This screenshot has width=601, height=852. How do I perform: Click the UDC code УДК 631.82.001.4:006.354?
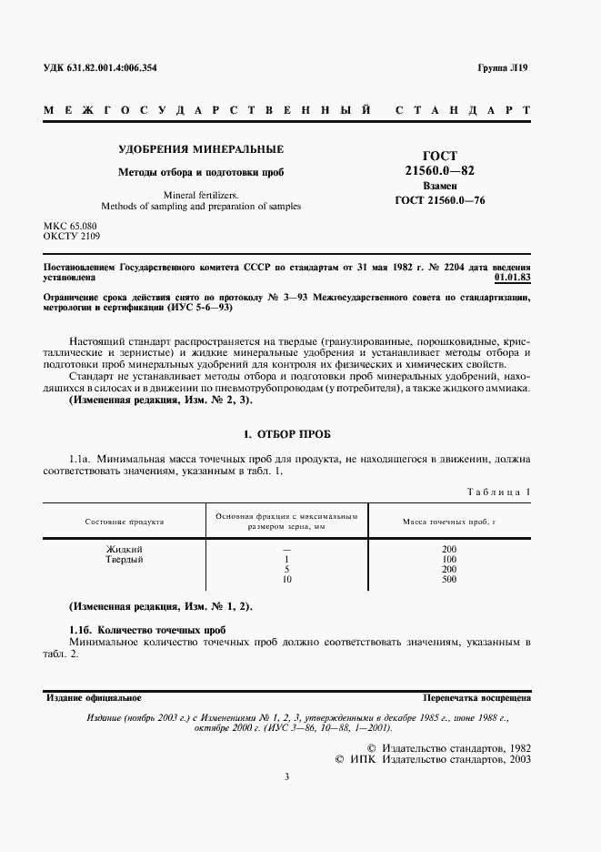(x=107, y=70)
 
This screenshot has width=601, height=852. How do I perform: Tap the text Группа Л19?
(x=502, y=70)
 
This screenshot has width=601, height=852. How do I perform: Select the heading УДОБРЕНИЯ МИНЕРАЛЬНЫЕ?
(x=202, y=148)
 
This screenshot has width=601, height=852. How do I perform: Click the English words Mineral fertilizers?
(x=201, y=194)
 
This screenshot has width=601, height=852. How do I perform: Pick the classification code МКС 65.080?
(x=70, y=225)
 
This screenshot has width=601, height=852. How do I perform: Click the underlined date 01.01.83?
(x=512, y=279)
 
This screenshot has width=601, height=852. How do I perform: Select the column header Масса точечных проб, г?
(x=448, y=522)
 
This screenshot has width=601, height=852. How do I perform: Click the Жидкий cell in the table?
(x=125, y=549)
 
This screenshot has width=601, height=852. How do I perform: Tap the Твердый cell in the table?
(x=125, y=559)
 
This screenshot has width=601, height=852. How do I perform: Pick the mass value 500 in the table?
(x=448, y=579)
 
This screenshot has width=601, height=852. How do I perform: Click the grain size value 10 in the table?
(x=286, y=579)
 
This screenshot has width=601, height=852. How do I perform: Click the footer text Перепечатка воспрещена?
(x=477, y=698)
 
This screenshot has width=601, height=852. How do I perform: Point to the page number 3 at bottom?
(x=286, y=776)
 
